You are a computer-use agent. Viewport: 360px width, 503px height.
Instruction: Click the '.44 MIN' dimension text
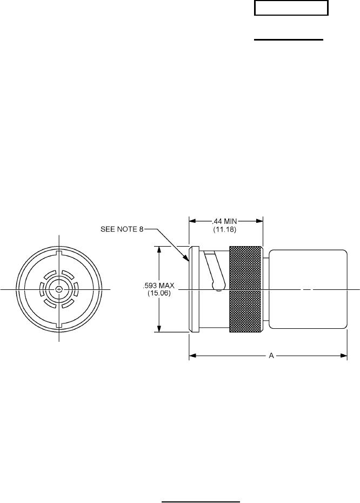click(224, 221)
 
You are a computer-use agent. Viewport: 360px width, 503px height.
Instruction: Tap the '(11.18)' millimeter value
click(224, 229)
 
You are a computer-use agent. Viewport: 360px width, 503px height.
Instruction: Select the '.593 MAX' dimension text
click(159, 286)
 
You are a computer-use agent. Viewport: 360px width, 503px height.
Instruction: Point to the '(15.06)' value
click(159, 293)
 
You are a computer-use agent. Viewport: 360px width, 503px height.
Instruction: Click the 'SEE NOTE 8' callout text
click(122, 229)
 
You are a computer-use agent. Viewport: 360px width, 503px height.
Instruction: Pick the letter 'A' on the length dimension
click(271, 355)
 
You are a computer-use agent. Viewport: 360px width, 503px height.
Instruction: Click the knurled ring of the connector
click(246, 289)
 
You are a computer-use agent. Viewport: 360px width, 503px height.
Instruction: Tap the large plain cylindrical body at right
click(308, 289)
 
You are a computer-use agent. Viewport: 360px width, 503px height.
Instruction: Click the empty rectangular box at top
click(291, 8)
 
